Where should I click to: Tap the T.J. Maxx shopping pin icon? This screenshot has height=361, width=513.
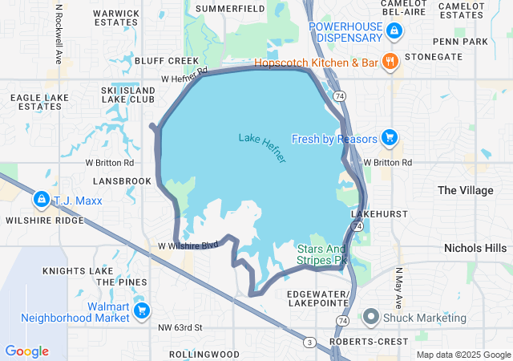pos(41,198)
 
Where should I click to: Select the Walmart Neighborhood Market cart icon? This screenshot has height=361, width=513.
pos(142,310)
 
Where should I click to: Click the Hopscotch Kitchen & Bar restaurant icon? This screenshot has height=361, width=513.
pos(390,61)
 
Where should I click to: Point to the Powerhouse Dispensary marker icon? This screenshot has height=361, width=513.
pos(394,31)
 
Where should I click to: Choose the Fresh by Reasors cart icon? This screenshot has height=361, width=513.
pos(389,138)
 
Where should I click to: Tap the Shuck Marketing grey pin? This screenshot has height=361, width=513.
pos(370,317)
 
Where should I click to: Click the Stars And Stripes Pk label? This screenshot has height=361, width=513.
pos(322,255)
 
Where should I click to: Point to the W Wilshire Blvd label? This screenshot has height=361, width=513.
pos(188,245)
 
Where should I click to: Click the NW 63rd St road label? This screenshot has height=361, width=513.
pos(180,327)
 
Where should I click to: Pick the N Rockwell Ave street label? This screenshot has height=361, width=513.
pos(59,33)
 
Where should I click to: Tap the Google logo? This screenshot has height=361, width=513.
pos(26,351)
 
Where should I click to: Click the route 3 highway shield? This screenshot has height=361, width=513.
pos(309,343)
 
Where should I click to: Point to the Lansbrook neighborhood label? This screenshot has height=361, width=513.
pos(123,181)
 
